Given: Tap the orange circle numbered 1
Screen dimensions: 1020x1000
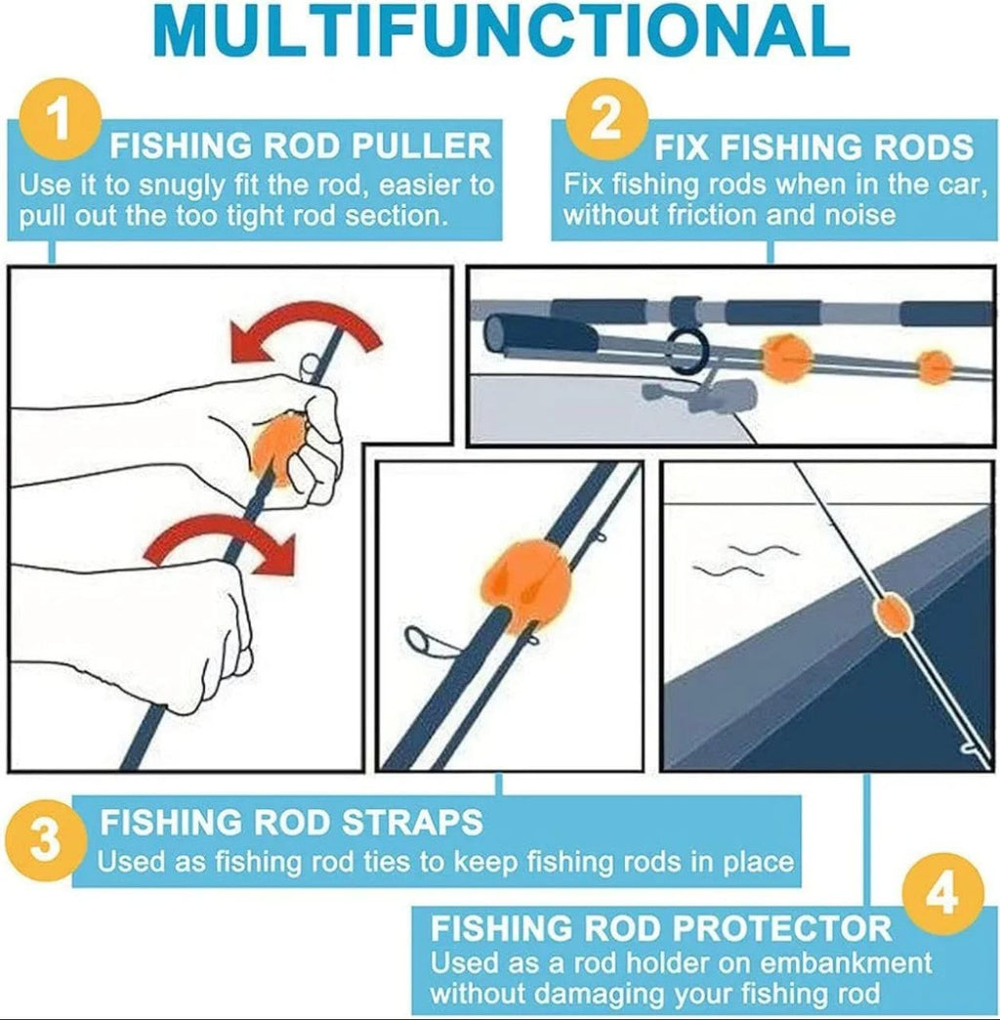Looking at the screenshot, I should [59, 122].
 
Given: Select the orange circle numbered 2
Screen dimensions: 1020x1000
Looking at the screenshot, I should [606, 119].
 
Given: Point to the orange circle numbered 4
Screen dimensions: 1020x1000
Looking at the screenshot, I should [940, 894].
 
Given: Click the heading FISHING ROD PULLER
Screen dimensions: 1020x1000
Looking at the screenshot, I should [301, 147].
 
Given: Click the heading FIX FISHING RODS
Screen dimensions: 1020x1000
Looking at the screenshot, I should [813, 148].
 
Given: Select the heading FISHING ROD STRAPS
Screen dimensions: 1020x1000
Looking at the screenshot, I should [292, 822].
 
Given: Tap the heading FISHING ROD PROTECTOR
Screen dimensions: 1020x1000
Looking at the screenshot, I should [661, 927].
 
